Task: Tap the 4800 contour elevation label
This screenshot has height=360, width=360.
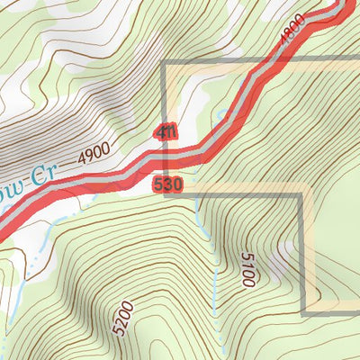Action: (292, 33)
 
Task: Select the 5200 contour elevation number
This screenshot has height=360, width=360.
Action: (124, 318)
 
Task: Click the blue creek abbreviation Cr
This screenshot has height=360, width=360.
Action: (34, 175)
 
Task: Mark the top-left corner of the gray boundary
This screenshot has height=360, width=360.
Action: (165, 63)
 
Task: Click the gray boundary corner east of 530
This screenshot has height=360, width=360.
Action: (301, 194)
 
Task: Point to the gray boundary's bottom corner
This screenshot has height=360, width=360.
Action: (302, 312)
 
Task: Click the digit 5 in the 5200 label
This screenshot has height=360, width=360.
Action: (116, 329)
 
